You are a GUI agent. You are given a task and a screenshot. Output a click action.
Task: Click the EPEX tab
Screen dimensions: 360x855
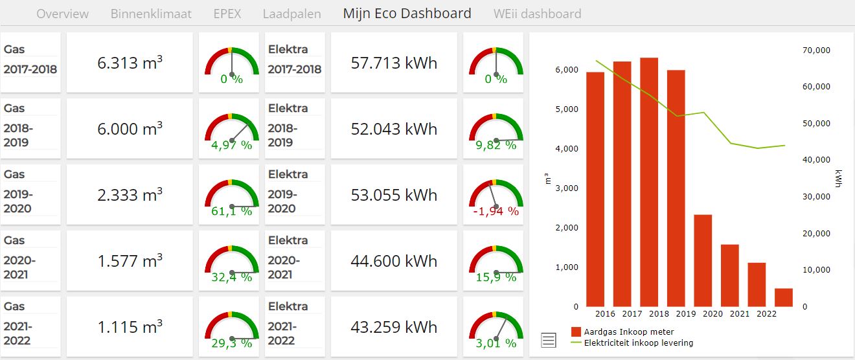click(227, 14)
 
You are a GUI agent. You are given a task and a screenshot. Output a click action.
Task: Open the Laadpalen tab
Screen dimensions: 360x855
click(291, 14)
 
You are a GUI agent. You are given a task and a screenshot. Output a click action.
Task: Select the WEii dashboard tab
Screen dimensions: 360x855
click(537, 14)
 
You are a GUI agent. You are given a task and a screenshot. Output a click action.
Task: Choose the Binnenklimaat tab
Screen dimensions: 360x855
click(151, 14)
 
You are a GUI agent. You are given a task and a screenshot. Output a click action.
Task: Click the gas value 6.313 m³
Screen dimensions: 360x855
click(130, 63)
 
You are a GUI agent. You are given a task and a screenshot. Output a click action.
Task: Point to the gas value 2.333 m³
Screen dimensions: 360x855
click(130, 195)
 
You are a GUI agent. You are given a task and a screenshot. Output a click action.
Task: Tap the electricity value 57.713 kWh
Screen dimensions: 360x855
click(394, 63)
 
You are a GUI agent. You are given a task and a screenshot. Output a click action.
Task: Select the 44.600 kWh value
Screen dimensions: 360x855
click(394, 261)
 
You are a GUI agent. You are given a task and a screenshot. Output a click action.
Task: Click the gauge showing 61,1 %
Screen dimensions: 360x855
click(231, 194)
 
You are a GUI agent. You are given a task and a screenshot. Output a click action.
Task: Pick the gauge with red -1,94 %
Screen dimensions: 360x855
click(496, 194)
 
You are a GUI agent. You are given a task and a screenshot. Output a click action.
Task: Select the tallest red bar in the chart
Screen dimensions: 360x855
click(649, 182)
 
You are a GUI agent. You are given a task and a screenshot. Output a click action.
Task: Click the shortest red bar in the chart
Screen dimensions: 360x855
click(783, 297)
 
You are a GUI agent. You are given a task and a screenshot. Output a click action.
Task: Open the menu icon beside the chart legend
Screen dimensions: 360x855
click(548, 339)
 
